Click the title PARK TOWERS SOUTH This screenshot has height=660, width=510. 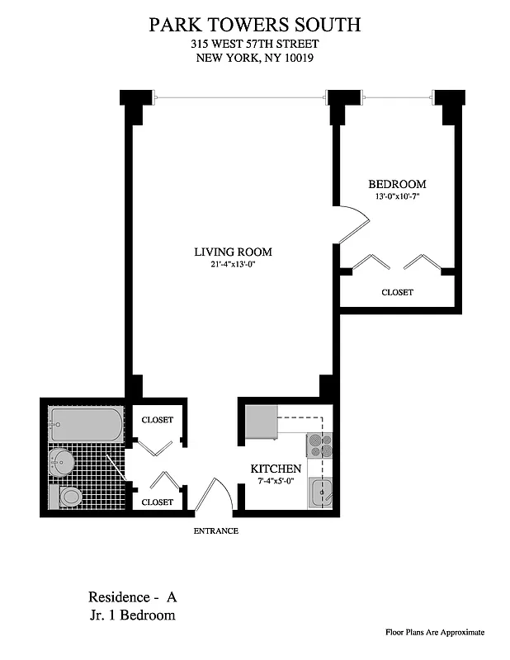[x=254, y=25]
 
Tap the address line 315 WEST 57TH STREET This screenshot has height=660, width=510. [x=254, y=44]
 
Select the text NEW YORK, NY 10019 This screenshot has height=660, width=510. [x=254, y=58]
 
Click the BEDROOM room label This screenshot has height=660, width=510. [x=397, y=184]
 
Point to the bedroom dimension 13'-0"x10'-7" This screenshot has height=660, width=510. [x=397, y=196]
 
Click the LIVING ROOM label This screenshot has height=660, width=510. [x=233, y=252]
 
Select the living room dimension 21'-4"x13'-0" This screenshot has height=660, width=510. [x=233, y=265]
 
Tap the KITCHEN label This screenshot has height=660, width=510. [x=276, y=469]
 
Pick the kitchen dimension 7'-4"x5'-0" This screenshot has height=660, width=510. [x=276, y=481]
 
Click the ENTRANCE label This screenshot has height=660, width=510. [x=215, y=530]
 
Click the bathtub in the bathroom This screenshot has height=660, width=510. [x=84, y=425]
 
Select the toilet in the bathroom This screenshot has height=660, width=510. [x=68, y=497]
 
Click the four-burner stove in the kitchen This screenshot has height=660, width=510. [x=319, y=446]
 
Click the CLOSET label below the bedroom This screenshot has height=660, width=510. [x=397, y=293]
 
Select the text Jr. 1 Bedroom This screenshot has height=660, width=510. [x=132, y=615]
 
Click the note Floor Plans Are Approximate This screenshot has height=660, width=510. [x=435, y=633]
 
